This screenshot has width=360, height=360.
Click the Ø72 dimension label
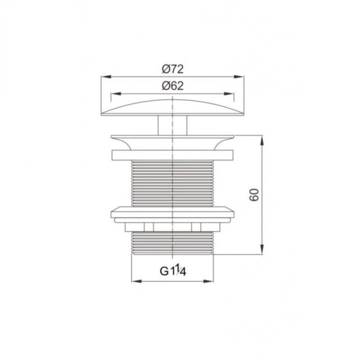[173, 69]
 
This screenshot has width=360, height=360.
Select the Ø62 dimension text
[173, 86]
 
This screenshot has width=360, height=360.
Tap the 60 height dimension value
[254, 195]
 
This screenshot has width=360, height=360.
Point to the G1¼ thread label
[173, 271]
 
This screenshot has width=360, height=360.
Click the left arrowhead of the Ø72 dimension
[106, 77]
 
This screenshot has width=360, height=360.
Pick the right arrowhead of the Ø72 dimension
[238, 77]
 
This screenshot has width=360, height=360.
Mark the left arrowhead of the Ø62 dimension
[116, 94]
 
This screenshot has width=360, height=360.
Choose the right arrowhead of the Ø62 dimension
[229, 94]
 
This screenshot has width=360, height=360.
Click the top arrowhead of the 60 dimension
[262, 140]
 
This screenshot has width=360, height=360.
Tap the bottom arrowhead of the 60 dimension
[262, 249]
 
